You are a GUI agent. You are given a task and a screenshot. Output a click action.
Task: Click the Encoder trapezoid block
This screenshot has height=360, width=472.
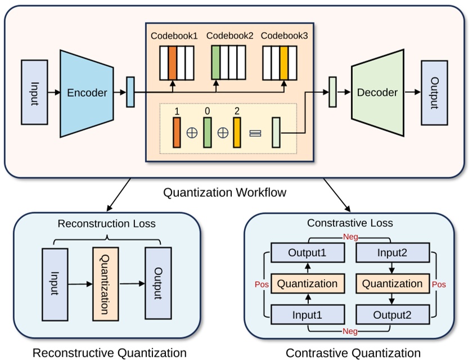[x=87, y=93]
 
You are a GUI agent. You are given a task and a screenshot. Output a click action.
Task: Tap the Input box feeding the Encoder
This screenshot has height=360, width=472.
[x=34, y=92]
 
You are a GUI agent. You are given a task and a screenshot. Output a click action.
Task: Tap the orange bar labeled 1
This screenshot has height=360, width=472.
[x=177, y=133]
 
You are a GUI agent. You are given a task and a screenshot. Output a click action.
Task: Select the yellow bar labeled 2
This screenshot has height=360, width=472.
[x=237, y=133]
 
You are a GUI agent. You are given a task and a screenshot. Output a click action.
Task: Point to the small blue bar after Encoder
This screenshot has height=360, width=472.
[x=131, y=92]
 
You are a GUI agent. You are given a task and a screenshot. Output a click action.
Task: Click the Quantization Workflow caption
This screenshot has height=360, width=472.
[x=224, y=192]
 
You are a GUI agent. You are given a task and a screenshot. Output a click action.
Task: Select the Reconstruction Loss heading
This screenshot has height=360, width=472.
[x=106, y=224]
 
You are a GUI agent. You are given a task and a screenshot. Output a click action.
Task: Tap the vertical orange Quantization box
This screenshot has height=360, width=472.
[x=106, y=283]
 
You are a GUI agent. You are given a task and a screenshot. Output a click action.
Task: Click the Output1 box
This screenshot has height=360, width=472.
[x=307, y=253]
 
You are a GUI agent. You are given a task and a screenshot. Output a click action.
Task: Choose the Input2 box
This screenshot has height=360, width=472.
[x=392, y=253]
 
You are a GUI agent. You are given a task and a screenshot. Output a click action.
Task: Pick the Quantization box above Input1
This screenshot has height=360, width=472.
[x=307, y=283]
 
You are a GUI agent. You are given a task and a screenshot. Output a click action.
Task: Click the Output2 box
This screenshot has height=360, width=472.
[x=392, y=314]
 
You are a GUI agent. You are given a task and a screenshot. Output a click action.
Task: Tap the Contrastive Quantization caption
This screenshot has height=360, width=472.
[x=353, y=353]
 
